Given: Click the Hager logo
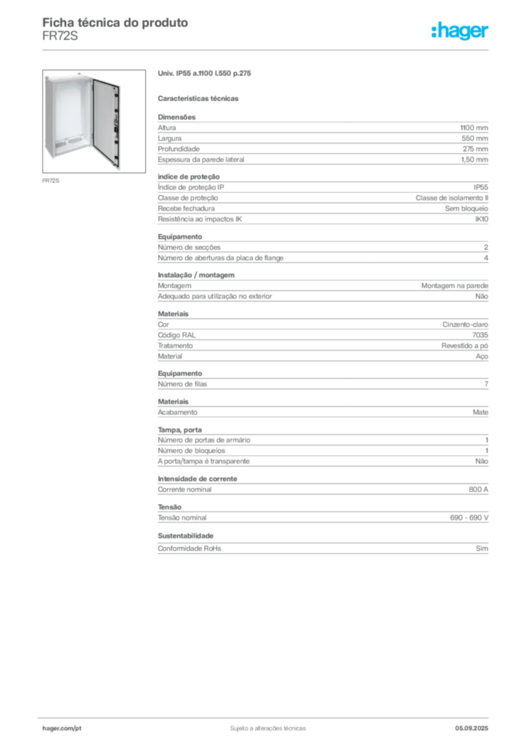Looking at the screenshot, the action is point(459,30).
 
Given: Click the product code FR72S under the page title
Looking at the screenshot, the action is point(60,36).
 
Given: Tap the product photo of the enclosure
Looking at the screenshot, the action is point(94,121).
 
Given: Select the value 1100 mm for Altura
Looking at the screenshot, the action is point(474,128).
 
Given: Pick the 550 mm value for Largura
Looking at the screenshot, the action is point(474,139).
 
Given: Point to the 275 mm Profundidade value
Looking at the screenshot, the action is point(475,149).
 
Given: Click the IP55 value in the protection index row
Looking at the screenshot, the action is point(480,187).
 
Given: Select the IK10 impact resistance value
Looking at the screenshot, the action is point(482,219).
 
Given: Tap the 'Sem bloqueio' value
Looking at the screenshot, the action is point(466,208).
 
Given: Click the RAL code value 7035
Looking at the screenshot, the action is point(480,335).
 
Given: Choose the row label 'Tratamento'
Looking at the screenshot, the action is point(175,346).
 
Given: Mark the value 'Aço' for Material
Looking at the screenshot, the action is point(482,356).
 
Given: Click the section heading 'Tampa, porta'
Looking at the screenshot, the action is point(179,430).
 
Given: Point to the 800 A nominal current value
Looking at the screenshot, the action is point(478,490).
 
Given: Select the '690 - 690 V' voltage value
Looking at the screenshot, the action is point(469,518).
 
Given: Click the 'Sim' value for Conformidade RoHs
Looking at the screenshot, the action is point(482,549).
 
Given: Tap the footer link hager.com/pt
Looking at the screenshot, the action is point(62,728).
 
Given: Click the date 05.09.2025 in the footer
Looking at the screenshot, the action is point(472,728).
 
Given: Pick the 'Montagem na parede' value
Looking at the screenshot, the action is point(454,286).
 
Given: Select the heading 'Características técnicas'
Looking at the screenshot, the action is point(198,99).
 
